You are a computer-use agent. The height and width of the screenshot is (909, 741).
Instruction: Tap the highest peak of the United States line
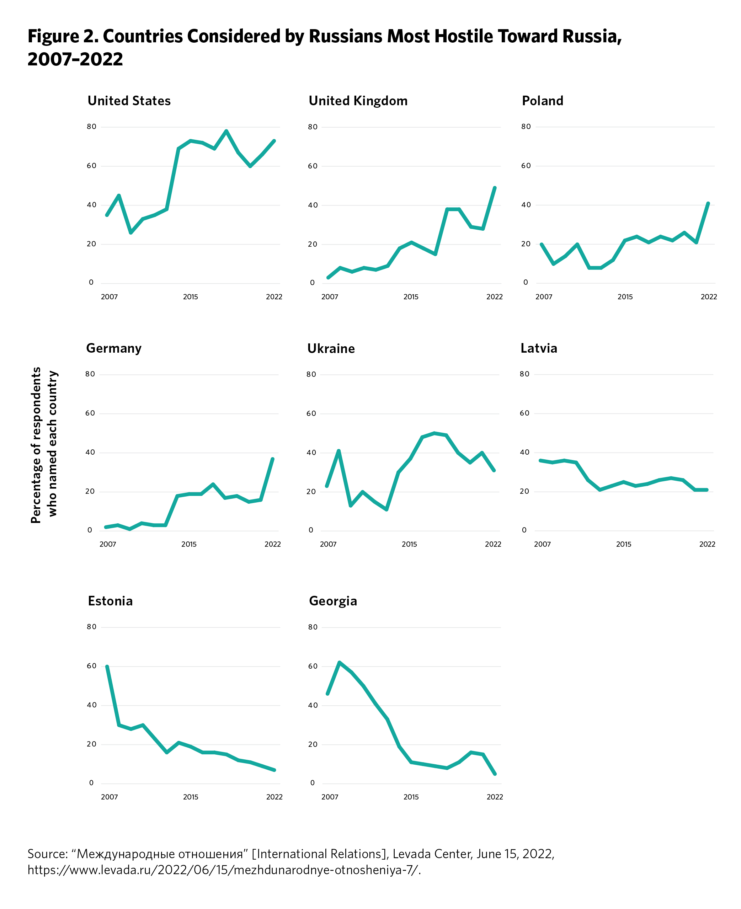(226, 131)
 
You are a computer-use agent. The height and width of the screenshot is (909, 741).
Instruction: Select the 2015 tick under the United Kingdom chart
(411, 296)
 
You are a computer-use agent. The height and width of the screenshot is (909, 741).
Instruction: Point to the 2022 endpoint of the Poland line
(708, 204)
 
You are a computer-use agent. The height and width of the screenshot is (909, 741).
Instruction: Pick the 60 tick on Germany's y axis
(90, 413)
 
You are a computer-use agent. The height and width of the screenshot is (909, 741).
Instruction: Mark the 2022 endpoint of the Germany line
(272, 459)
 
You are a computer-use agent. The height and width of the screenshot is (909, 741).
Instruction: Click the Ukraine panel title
(331, 349)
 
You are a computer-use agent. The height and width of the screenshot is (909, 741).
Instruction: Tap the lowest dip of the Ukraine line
(386, 509)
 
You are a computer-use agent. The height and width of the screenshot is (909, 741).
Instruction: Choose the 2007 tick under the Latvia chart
(542, 544)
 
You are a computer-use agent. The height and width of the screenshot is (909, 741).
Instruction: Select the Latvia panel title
(539, 348)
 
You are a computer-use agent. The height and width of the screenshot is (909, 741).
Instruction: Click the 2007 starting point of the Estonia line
(107, 667)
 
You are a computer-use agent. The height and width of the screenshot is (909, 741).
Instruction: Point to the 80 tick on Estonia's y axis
(91, 627)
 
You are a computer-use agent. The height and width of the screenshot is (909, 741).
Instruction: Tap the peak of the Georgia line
(339, 662)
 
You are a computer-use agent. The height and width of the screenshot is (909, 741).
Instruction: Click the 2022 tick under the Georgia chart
(495, 797)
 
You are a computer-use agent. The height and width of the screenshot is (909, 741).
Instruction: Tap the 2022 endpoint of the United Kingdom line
(495, 188)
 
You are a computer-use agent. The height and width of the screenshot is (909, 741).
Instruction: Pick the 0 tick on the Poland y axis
(526, 282)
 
